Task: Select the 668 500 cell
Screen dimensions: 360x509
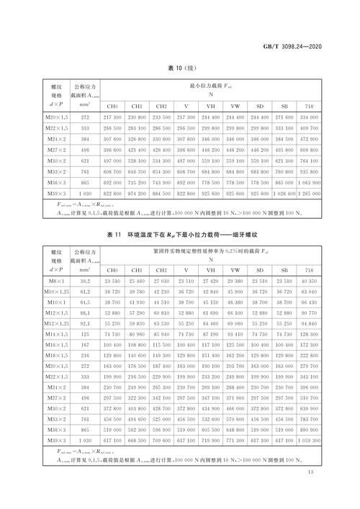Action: click(137, 439)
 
